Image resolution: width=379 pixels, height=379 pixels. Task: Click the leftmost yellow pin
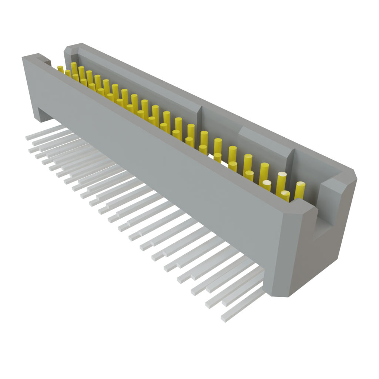pyautogui.click(x=60, y=68)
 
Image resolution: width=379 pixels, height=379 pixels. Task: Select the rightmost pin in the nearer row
pyautogui.click(x=285, y=195)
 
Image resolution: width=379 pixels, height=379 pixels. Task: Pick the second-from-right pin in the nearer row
pyautogui.click(x=267, y=185)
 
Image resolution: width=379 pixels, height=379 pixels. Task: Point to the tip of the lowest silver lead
pyautogui.click(x=224, y=318)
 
